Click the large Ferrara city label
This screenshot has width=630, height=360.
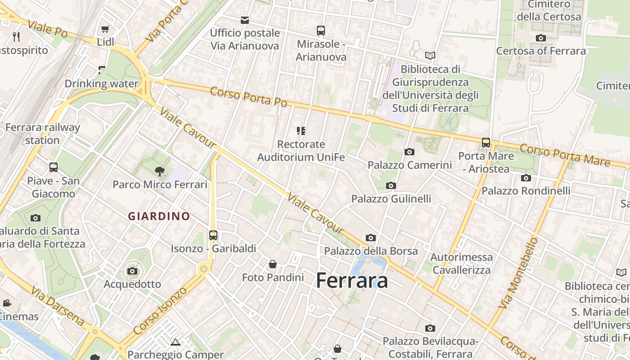pyautogui.click(x=352, y=280)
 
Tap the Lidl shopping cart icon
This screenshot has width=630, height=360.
pyautogui.click(x=105, y=29)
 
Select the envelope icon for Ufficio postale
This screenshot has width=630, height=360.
pyautogui.click(x=245, y=20)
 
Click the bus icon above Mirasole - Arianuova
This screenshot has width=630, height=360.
pyautogui.click(x=321, y=31)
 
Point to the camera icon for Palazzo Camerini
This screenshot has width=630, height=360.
pyautogui.click(x=409, y=152)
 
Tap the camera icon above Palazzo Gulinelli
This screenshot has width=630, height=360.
pyautogui.click(x=391, y=185)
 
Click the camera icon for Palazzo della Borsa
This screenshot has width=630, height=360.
pyautogui.click(x=371, y=238)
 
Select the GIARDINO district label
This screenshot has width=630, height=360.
pyautogui.click(x=159, y=216)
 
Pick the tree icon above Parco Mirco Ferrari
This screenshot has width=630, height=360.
pyautogui.click(x=159, y=171)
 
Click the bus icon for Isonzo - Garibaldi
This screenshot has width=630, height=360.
pyautogui.click(x=213, y=235)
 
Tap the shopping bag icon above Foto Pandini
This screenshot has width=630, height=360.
pyautogui.click(x=273, y=264)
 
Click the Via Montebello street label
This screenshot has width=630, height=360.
pyautogui.click(x=518, y=273)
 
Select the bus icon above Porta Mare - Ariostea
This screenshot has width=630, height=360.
pyautogui.click(x=486, y=143)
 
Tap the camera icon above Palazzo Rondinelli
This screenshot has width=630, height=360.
pyautogui.click(x=526, y=178)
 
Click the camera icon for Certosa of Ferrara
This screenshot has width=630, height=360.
pyautogui.click(x=541, y=38)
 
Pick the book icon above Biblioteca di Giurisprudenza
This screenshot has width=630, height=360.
pyautogui.click(x=430, y=56)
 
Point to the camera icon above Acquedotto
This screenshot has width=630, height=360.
pyautogui.click(x=132, y=271)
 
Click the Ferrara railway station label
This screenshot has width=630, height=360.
pyautogui.click(x=42, y=134)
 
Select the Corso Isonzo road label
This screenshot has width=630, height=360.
pyautogui.click(x=161, y=311)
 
